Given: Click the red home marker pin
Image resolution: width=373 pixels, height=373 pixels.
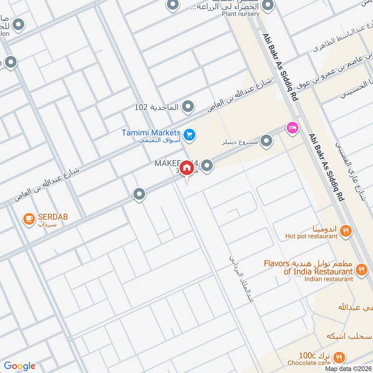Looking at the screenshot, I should pos(186,167).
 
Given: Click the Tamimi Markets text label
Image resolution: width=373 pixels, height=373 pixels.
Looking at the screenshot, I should pos(151,133).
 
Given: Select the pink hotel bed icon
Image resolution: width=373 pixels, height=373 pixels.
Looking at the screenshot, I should pos(293,127).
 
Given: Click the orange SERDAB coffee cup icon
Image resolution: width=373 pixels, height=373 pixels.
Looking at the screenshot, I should pos(29,218).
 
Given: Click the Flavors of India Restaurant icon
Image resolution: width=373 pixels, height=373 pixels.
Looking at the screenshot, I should pos(361,269).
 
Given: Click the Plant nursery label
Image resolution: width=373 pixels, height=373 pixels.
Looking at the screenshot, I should pos(241,14).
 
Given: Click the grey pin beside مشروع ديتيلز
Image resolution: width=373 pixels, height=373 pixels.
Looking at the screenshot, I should pos(266,140).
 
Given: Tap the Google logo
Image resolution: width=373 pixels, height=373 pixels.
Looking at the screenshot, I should pos(20,366).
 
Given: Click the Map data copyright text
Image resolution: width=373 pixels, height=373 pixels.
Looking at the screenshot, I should pos(348,369).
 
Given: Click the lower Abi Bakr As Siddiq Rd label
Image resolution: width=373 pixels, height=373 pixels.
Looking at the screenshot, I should pos(326,167).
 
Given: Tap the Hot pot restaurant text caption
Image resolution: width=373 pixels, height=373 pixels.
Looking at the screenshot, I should pos(311,236).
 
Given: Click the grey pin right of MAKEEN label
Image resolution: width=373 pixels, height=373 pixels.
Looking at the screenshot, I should pos(207,165).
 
